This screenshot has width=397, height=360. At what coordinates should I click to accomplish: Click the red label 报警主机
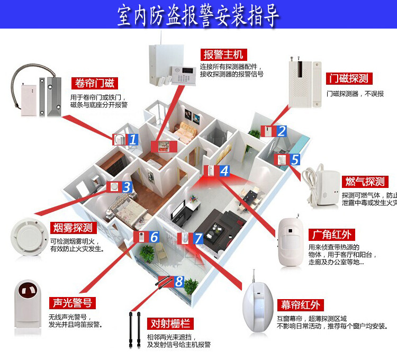coord(222,55)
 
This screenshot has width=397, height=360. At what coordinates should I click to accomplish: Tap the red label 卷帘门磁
coord(95,83)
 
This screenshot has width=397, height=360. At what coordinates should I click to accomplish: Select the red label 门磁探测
coord(347,79)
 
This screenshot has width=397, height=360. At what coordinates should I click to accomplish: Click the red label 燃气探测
coord(365,182)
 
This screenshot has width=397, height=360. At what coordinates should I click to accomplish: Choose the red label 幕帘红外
coord(300,305)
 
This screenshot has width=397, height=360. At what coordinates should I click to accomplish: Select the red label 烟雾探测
coord(73,228)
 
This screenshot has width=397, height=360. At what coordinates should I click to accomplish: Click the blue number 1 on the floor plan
coord(133,140)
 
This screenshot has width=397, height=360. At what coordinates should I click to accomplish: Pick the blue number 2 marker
coord(282,131)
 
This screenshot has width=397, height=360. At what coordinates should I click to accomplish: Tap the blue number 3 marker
coord(127,187)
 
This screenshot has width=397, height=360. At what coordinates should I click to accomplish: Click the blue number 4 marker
coord(224,171)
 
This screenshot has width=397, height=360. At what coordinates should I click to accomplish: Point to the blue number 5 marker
coord(295,159)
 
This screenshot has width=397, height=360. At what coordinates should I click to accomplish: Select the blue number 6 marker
coord(154,237)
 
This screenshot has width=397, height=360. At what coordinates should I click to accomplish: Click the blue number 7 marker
coord(198,238)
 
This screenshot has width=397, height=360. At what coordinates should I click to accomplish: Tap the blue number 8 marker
coord(179,281)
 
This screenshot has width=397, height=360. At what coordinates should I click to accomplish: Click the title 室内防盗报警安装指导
coord(198,17)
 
